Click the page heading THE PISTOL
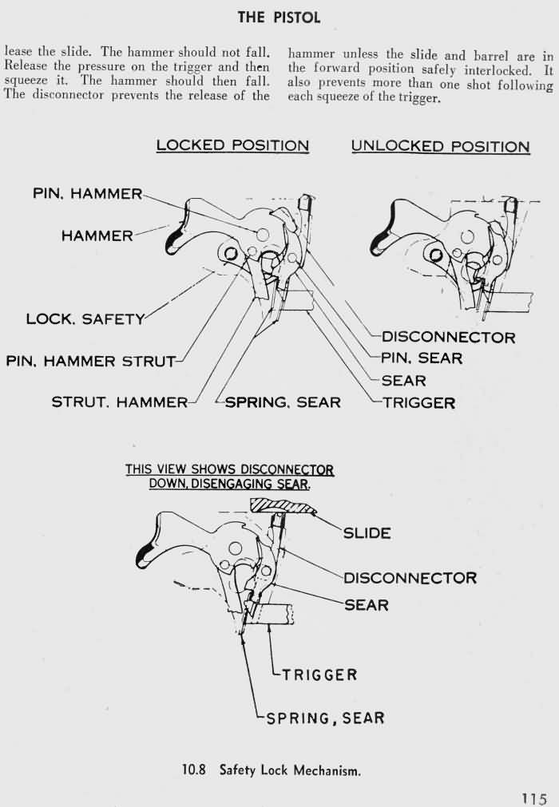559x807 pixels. [x=279, y=16]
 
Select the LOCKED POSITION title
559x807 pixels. [x=232, y=145]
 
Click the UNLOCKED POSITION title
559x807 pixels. [x=440, y=146]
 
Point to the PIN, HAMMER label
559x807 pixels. [x=87, y=194]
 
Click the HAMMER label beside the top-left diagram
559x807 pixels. [x=97, y=235]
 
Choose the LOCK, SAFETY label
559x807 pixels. [x=85, y=318]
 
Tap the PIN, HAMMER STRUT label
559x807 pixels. [x=90, y=361]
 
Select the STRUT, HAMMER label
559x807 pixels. [x=120, y=402]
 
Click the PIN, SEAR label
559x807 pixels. [x=422, y=358]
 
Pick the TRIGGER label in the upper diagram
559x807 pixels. [x=418, y=402]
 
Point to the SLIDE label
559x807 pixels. [x=367, y=532]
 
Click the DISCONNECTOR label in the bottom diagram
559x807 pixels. [x=410, y=577]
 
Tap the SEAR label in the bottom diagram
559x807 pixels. [x=367, y=605]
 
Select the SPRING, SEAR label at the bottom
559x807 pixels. [x=325, y=718]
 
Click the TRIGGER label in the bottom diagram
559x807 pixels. [x=319, y=674]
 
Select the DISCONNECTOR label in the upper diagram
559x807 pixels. [x=448, y=337]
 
